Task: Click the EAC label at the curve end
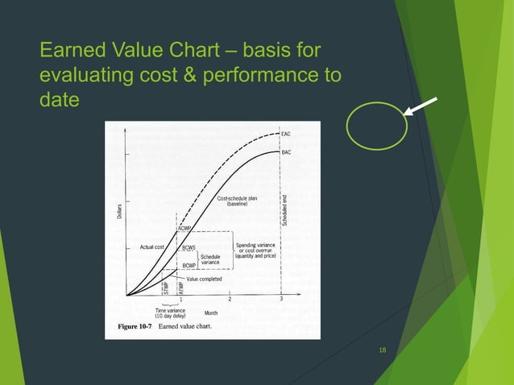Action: (x=287, y=133)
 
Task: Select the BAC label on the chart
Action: (x=287, y=151)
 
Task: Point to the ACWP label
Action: (x=184, y=229)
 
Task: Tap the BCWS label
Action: (x=189, y=247)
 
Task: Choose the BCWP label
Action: (x=189, y=265)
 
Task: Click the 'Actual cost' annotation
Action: (x=152, y=246)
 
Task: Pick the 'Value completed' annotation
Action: (x=205, y=279)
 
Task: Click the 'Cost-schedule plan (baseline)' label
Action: (x=236, y=201)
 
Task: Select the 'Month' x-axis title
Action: (x=211, y=313)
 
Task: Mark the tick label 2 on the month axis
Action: (x=230, y=300)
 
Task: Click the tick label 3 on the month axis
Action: (x=280, y=300)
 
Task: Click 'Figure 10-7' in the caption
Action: (x=130, y=328)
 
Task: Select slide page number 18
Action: (x=382, y=350)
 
